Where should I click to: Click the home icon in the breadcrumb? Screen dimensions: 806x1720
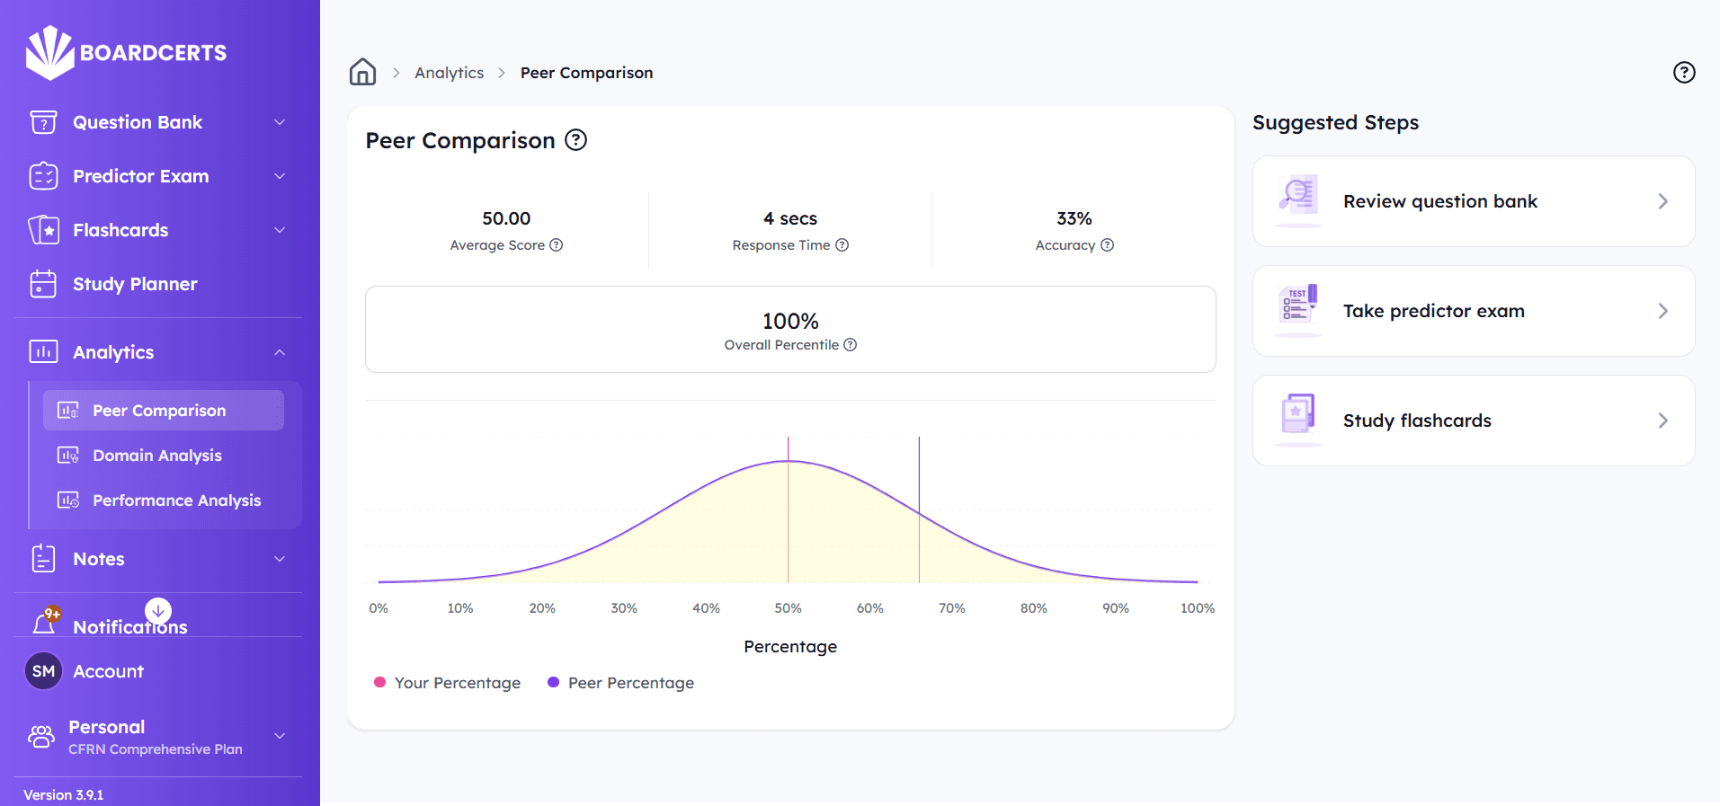(x=362, y=72)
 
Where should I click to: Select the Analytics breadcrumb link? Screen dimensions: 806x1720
(x=449, y=73)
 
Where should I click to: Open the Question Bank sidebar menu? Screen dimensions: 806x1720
(x=138, y=122)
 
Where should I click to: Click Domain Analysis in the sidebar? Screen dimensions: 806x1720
(x=156, y=456)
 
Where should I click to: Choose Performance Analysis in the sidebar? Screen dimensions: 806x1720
(x=176, y=500)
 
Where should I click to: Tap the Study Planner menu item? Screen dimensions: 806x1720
(x=135, y=284)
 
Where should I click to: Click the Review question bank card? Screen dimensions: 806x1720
(x=1473, y=201)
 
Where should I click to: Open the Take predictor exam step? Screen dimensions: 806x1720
(x=1473, y=311)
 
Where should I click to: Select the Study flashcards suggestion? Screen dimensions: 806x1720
(x=1473, y=421)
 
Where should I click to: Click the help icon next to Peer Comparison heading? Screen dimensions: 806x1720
(x=575, y=140)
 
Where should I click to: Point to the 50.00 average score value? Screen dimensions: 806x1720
(x=506, y=218)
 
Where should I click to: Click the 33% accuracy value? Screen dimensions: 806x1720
(x=1074, y=218)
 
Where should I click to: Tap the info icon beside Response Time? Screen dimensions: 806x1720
(x=842, y=245)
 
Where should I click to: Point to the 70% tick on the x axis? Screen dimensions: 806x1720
(x=951, y=608)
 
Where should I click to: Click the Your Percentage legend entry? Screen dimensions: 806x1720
(x=448, y=683)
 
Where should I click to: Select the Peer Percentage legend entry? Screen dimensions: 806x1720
(x=621, y=683)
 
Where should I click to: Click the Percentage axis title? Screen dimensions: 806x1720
(x=789, y=647)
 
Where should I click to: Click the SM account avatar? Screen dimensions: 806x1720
(x=43, y=671)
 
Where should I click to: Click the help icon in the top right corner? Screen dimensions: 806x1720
(x=1683, y=73)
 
